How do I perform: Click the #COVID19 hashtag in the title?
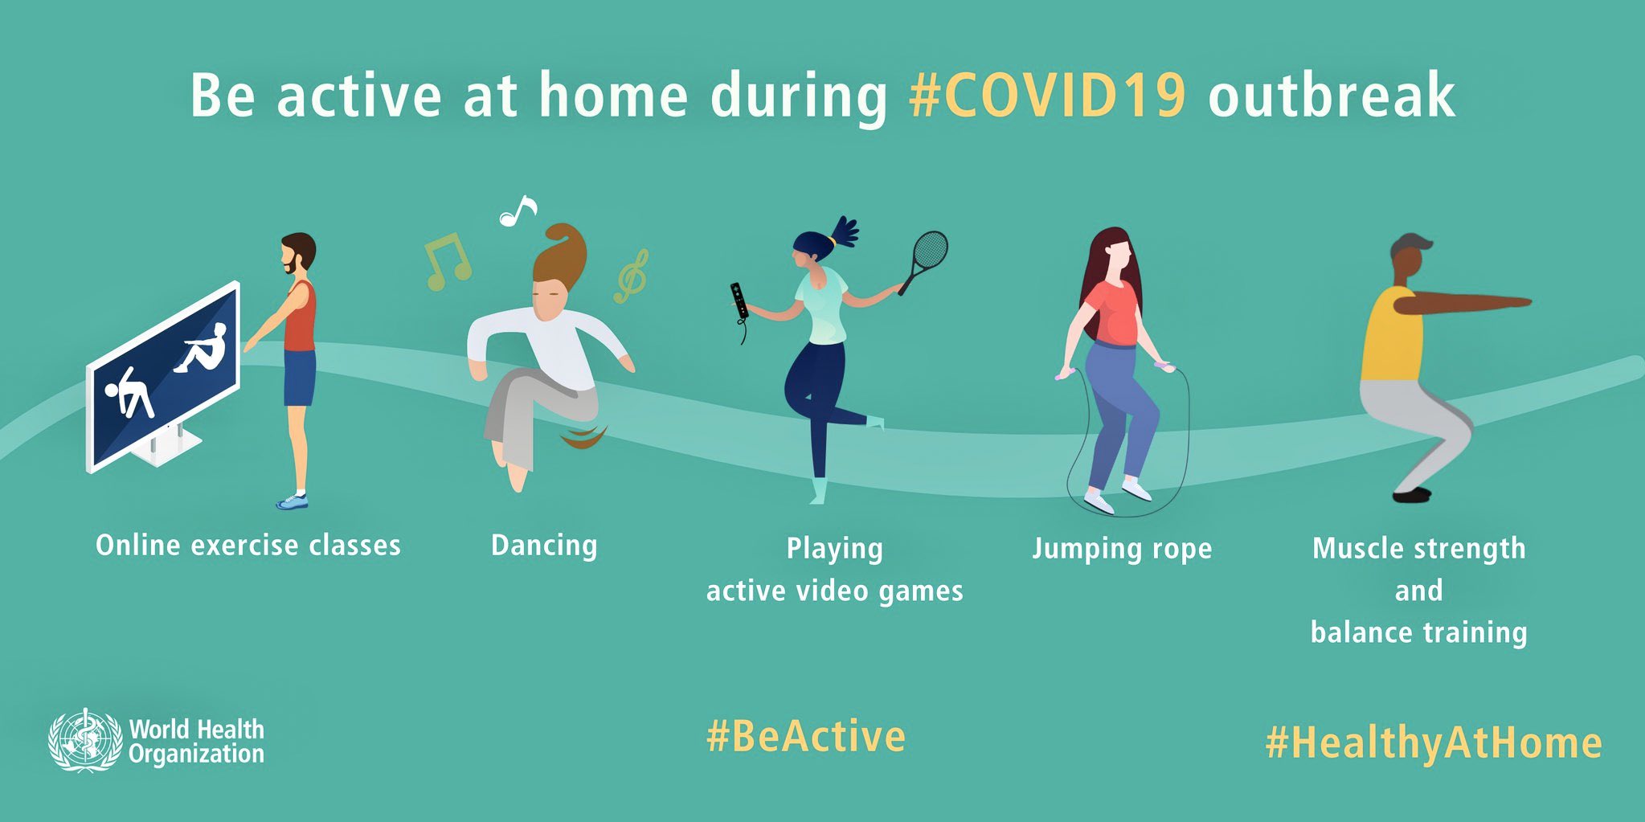pyautogui.click(x=1047, y=96)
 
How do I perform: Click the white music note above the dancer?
pyautogui.click(x=517, y=211)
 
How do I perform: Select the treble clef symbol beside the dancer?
pyautogui.click(x=631, y=276)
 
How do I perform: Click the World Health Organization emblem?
pyautogui.click(x=84, y=741)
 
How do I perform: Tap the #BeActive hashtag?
pyautogui.click(x=806, y=737)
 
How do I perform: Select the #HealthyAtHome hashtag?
pyautogui.click(x=1434, y=743)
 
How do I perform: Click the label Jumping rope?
pyautogui.click(x=1122, y=549)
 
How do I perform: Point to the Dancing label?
pyautogui.click(x=544, y=546)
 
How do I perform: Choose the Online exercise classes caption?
pyautogui.click(x=248, y=546)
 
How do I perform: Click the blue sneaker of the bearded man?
pyautogui.click(x=293, y=501)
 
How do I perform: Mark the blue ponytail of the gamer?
pyautogui.click(x=844, y=231)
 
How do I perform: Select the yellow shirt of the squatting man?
pyautogui.click(x=1390, y=336)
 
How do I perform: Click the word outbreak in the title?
pyautogui.click(x=1332, y=96)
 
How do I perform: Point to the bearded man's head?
pyautogui.click(x=297, y=253)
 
